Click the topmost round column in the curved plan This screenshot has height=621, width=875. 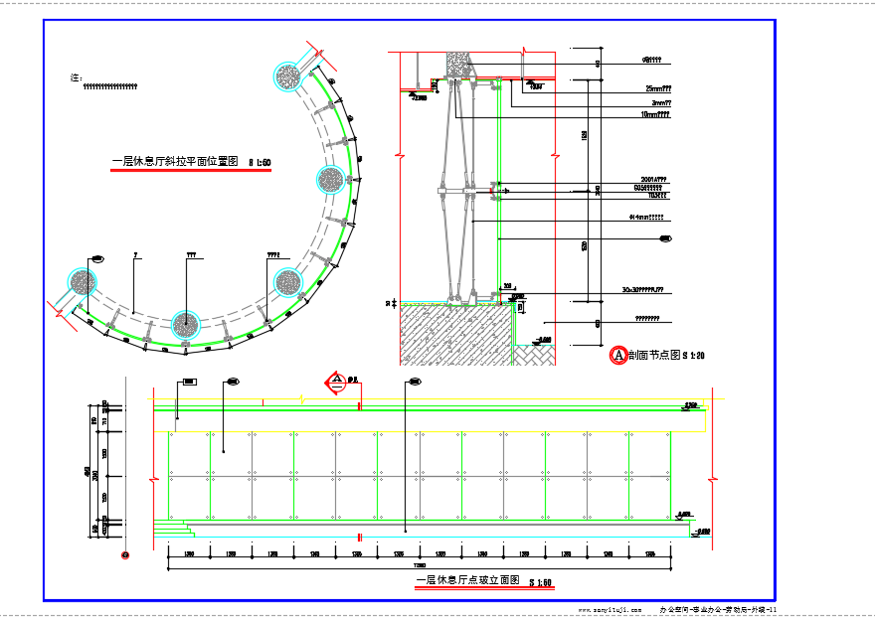(288, 76)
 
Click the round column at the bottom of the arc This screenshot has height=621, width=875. (185, 323)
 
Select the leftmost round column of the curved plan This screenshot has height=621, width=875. (82, 283)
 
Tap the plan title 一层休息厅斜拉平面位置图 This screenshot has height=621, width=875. (175, 161)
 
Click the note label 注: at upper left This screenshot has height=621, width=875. (76, 77)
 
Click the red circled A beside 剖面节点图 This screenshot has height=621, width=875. (616, 354)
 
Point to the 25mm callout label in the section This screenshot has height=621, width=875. (658, 88)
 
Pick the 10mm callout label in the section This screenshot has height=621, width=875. (655, 115)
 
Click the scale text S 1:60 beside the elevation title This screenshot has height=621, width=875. (540, 582)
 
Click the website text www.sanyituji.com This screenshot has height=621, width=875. (616, 609)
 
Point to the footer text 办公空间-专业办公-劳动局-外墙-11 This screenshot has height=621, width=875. (718, 609)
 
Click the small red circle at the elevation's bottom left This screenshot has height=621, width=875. (124, 555)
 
